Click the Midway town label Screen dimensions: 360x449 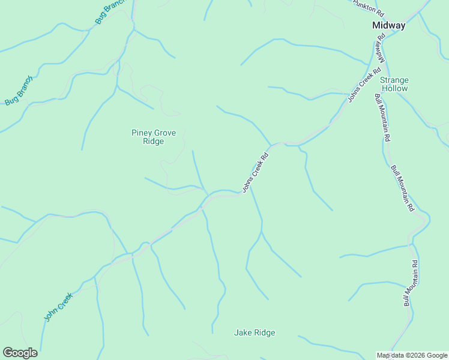[x=388, y=26]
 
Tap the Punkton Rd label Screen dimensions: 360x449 [x=368, y=7]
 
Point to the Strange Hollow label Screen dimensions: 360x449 [x=394, y=84]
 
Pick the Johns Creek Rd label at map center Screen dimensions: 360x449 [x=255, y=172]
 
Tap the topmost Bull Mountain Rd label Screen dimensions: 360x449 [x=383, y=117]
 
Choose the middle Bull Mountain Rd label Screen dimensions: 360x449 [x=402, y=188]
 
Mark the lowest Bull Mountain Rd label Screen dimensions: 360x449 [x=411, y=283]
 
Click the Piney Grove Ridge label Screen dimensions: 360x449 [x=154, y=137]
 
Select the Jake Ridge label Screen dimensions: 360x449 [x=255, y=333]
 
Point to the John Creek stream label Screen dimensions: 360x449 [x=58, y=306]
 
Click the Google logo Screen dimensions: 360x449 [x=20, y=353]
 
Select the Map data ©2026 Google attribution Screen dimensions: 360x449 [x=412, y=355]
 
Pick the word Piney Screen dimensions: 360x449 [x=142, y=133]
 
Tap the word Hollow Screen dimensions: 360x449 [x=394, y=89]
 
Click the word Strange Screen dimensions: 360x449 [x=394, y=80]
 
